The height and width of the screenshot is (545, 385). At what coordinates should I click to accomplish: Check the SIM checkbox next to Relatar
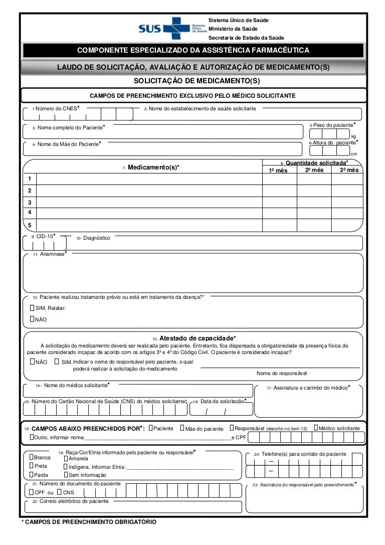[x=32, y=308]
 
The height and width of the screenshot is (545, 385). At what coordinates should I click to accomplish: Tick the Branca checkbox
[x=31, y=457]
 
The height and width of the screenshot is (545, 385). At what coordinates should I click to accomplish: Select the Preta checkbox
[x=31, y=466]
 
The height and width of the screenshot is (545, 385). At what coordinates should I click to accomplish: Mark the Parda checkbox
[x=31, y=474]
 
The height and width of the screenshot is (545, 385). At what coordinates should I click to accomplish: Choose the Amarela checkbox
[x=65, y=458]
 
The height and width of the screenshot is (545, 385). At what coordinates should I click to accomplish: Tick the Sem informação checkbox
[x=65, y=474]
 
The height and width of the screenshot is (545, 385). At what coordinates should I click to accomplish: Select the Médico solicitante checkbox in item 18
[x=315, y=428]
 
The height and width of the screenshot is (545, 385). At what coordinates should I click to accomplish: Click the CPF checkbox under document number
[x=31, y=492]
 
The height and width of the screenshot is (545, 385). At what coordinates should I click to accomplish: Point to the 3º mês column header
[x=349, y=170]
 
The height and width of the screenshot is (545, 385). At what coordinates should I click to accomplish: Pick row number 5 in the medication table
[x=30, y=225]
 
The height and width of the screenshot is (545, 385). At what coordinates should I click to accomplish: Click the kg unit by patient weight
[x=354, y=136]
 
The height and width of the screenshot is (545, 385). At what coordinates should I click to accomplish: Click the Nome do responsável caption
[x=281, y=373]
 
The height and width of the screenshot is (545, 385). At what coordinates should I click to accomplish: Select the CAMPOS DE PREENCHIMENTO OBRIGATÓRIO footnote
[x=89, y=522]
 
